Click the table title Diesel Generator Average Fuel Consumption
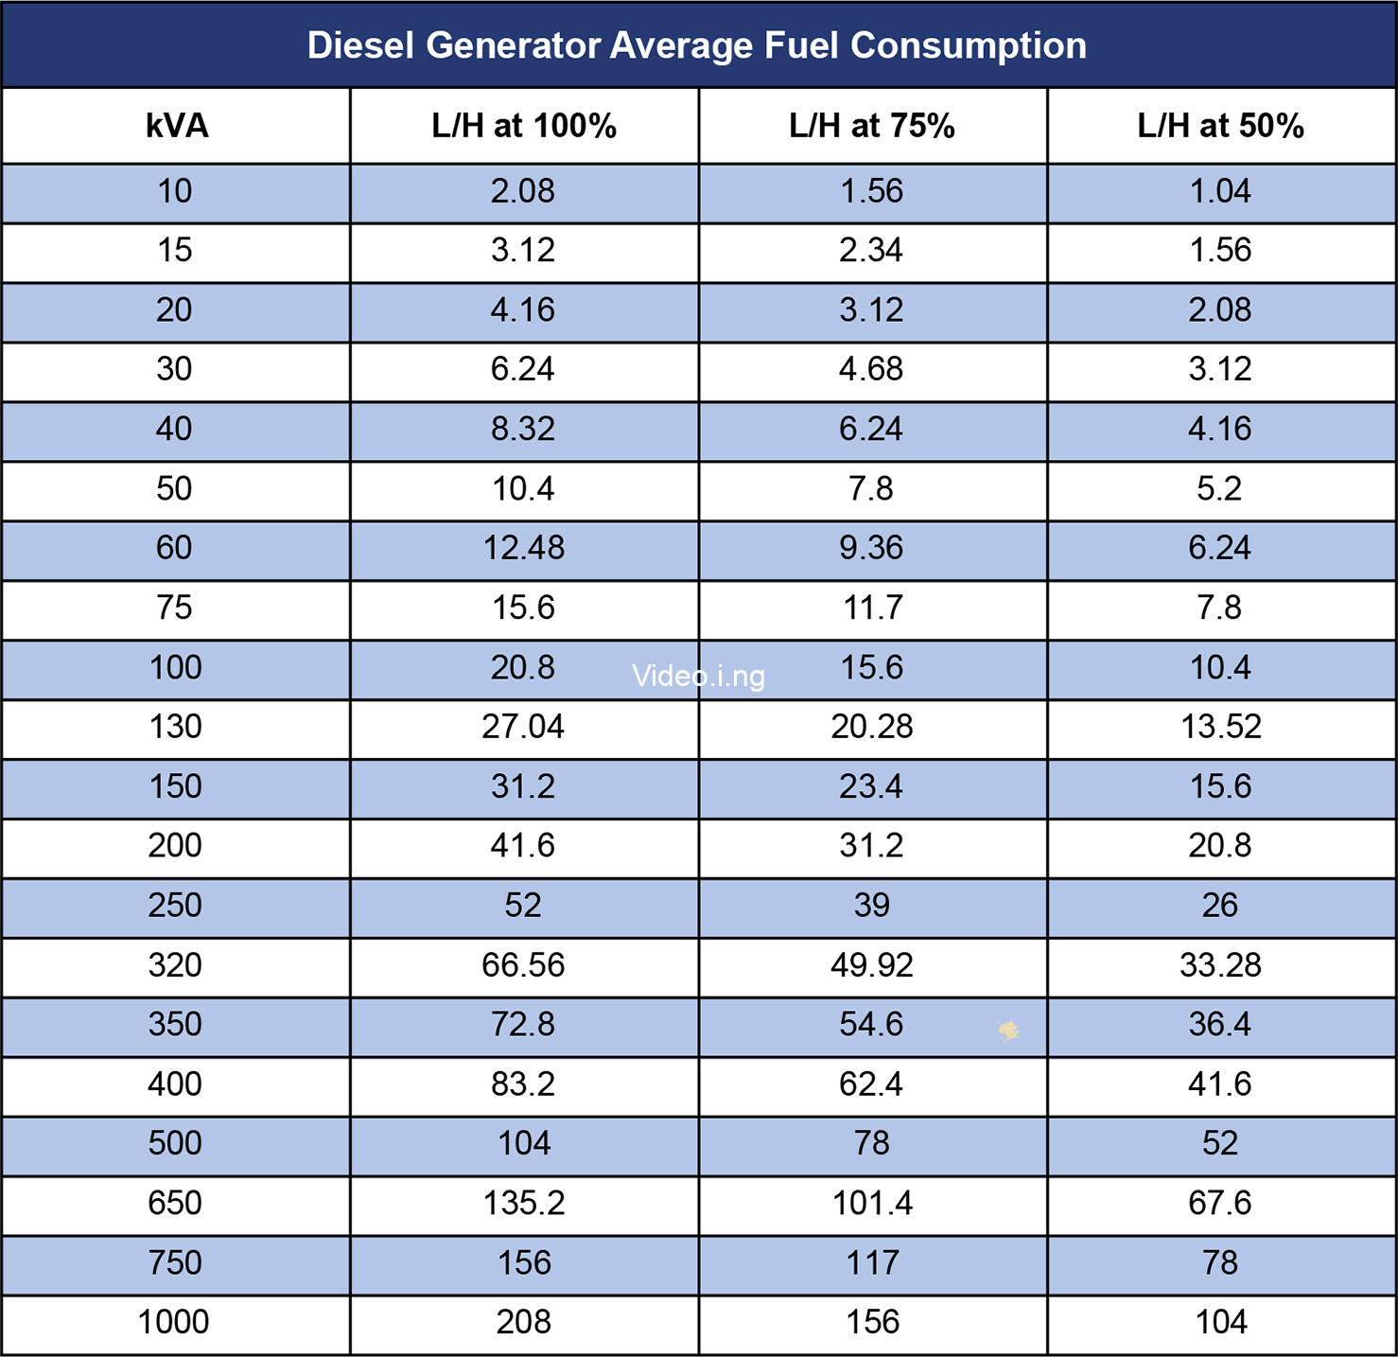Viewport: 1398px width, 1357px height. (697, 45)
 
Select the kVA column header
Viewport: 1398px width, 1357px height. (177, 126)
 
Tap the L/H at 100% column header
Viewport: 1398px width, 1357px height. (524, 126)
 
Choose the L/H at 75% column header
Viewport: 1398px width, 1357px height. (872, 126)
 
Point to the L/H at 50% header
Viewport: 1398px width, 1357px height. (1220, 126)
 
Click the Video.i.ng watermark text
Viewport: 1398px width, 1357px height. (698, 676)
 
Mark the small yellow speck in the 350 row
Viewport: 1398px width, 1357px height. (1009, 1031)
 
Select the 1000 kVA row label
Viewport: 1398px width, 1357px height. (174, 1322)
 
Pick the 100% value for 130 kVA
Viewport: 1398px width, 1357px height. (523, 727)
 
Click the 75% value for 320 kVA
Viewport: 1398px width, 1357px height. (872, 965)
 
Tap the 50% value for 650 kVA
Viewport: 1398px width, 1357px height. (1220, 1203)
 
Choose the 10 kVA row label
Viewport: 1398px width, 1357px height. (175, 191)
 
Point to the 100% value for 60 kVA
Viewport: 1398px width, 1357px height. (524, 548)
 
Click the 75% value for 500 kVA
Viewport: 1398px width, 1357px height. (872, 1143)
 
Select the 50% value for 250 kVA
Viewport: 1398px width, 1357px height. (1220, 906)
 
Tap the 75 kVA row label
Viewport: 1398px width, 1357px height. (175, 608)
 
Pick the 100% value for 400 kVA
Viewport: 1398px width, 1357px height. (523, 1084)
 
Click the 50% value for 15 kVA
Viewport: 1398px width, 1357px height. (1220, 251)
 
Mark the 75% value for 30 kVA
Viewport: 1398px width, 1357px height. (871, 369)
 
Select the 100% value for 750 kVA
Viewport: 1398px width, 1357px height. (524, 1262)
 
